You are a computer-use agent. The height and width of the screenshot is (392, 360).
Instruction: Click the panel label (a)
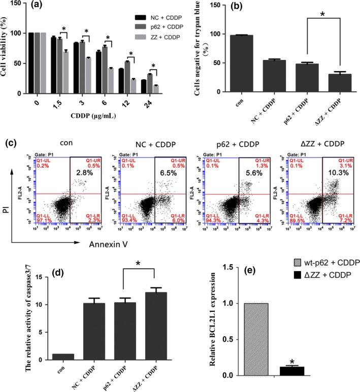(41, 7)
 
